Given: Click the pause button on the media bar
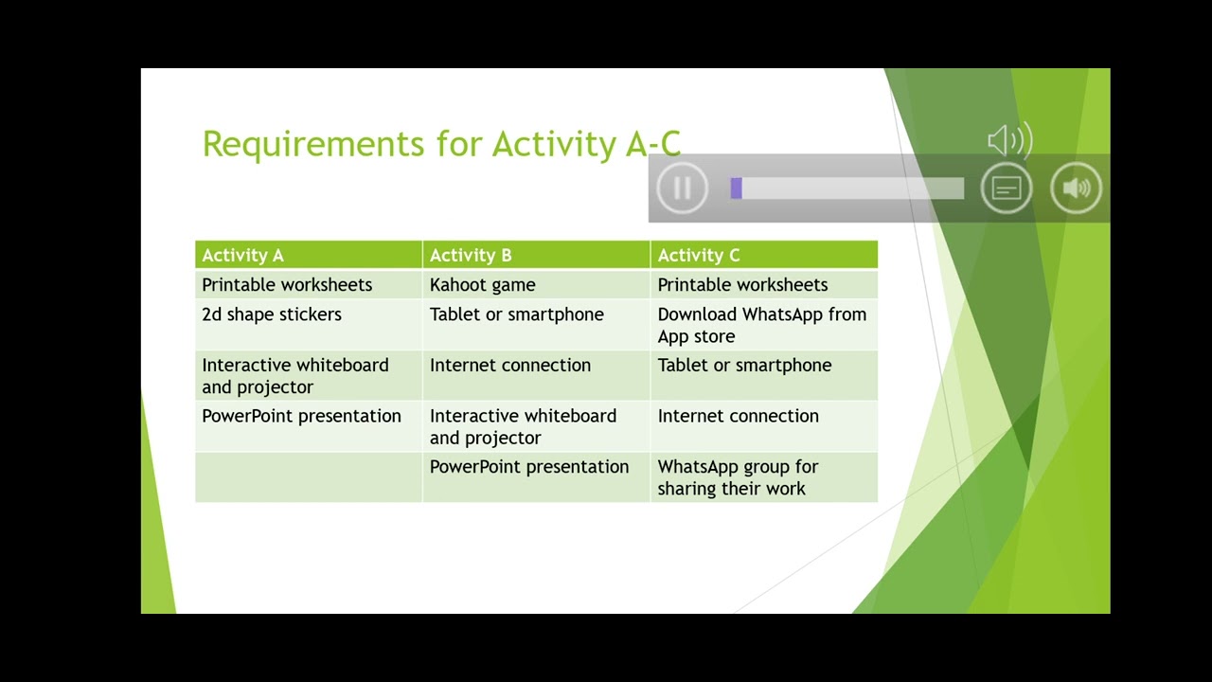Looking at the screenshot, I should point(682,188).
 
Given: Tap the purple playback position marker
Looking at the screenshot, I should point(736,188).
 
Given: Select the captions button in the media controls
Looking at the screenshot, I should point(1006,188).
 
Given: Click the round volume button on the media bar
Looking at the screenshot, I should point(1076,188).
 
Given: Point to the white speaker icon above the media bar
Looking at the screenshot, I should point(1009,141).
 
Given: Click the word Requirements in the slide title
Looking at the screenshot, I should point(313,144).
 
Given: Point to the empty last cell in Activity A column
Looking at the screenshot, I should point(308,477).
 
